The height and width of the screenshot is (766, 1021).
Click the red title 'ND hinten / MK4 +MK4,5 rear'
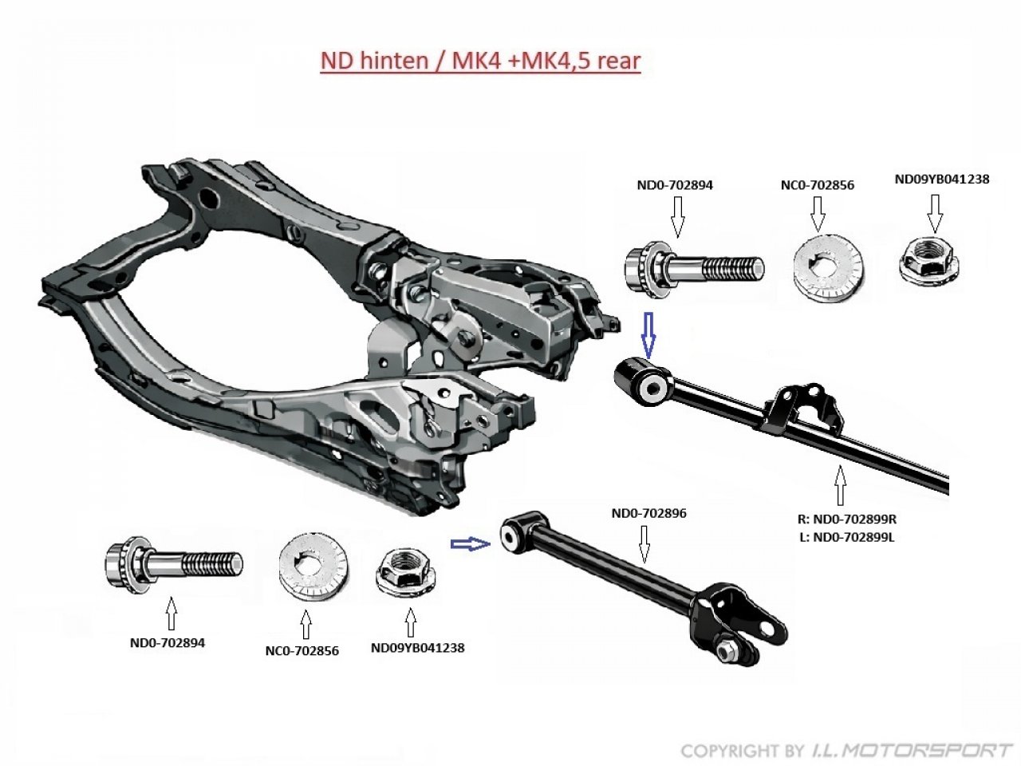(480, 61)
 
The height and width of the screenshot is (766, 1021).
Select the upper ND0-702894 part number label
(675, 185)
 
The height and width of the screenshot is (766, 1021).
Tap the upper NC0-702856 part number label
(817, 185)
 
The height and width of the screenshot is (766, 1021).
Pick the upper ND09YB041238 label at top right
(942, 180)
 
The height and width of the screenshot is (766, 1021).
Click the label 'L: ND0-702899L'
(846, 536)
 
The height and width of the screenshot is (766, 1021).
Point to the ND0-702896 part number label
(648, 513)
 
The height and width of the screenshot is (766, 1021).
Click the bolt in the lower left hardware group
(172, 565)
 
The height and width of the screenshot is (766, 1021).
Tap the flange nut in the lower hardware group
(404, 572)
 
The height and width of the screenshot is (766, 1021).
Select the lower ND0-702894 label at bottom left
(168, 642)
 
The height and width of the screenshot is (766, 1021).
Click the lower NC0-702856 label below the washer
(302, 650)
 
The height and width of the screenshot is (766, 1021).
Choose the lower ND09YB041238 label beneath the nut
(417, 648)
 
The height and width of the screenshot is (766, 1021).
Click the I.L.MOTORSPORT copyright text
(846, 750)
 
